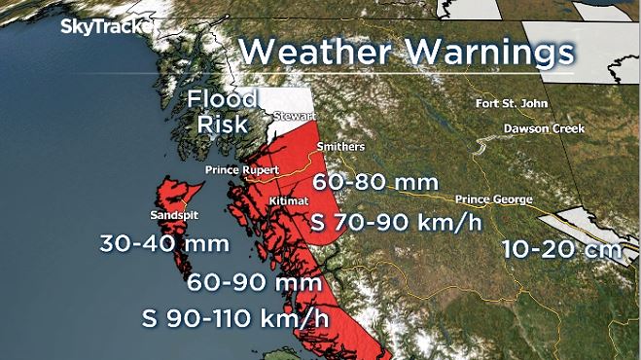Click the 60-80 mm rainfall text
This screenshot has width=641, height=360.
click(x=375, y=181)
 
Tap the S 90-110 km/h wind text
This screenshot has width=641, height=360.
click(x=244, y=317)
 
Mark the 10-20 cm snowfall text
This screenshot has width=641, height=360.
click(x=562, y=249)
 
